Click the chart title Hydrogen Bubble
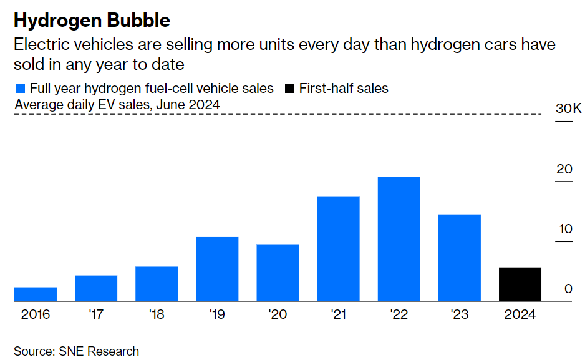[92, 21]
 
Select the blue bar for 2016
[36, 294]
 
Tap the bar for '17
[96, 288]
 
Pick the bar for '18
[157, 284]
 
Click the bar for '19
[217, 269]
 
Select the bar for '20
[278, 273]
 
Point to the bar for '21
[338, 249]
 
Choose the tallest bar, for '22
[399, 239]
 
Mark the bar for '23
[460, 258]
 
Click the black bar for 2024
[520, 285]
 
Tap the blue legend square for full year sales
[20, 89]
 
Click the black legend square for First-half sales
[289, 89]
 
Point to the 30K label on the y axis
[568, 109]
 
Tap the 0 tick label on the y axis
[568, 289]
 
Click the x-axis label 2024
[520, 314]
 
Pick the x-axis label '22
[399, 314]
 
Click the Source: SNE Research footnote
[76, 351]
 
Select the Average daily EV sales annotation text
[117, 105]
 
